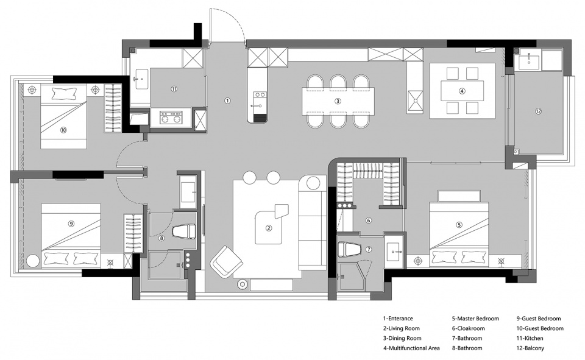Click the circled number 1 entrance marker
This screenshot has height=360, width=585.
227,101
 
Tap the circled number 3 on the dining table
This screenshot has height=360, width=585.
338,101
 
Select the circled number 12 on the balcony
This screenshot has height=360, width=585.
538,111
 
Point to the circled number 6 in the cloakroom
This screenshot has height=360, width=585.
369,221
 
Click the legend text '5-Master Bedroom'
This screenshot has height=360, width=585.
475,319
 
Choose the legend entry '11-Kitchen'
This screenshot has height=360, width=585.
530,338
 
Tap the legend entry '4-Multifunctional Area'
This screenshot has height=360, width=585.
411,348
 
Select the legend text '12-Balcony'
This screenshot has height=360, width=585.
530,348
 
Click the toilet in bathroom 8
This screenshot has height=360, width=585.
184,231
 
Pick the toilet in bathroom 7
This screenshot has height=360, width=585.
350,249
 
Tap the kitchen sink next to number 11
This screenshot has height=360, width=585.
142,79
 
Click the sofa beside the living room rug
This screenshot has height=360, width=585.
312,222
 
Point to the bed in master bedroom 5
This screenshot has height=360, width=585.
459,235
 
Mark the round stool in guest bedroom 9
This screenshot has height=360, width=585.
32,261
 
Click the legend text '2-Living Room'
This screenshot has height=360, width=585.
402,328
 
